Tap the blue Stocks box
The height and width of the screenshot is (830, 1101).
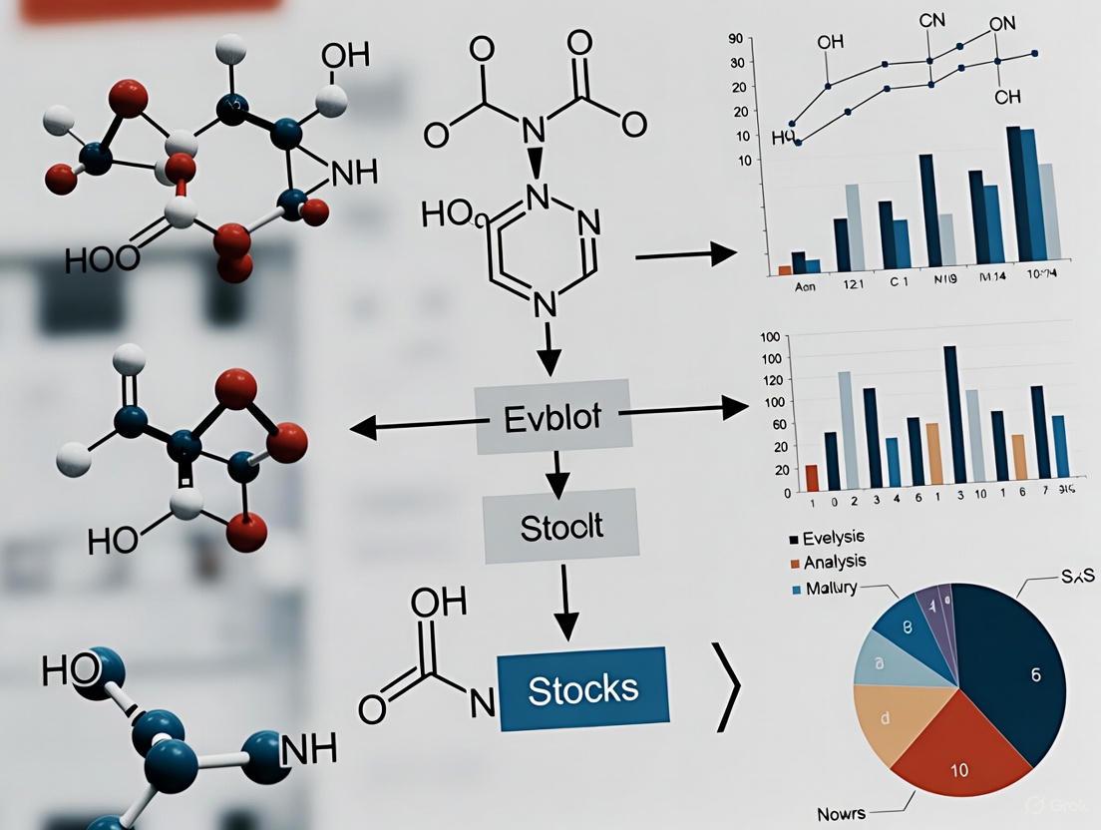(x=581, y=689)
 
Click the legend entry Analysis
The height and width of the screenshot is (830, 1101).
(x=825, y=563)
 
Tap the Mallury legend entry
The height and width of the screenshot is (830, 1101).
(x=823, y=588)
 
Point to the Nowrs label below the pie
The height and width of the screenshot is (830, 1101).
(x=844, y=810)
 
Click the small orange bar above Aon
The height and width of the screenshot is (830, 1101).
(x=785, y=269)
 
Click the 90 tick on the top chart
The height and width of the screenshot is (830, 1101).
(x=737, y=39)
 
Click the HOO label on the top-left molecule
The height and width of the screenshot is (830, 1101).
(x=102, y=259)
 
